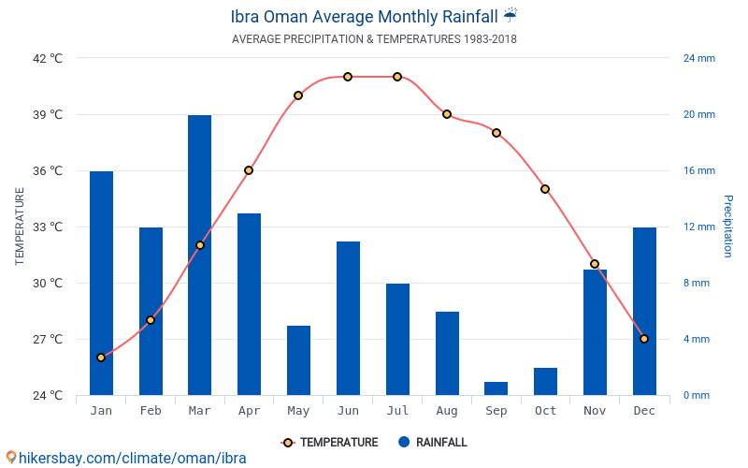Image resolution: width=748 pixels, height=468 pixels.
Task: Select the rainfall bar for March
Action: (x=199, y=255)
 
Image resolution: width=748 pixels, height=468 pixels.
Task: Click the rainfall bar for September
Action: (x=496, y=388)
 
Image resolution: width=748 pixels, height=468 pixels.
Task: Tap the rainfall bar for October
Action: (x=545, y=381)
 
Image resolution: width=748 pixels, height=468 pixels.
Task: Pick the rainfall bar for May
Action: (x=298, y=360)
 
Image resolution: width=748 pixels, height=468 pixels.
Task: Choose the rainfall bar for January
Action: (x=101, y=283)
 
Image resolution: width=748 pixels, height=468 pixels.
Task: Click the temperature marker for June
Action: (x=348, y=77)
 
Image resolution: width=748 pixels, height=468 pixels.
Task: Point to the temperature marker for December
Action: (x=644, y=339)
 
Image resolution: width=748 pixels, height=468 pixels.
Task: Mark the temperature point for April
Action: (x=249, y=170)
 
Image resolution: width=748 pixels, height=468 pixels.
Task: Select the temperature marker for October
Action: (x=545, y=189)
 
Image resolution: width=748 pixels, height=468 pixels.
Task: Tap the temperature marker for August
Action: (x=447, y=114)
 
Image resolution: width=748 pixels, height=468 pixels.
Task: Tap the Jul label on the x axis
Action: (x=397, y=411)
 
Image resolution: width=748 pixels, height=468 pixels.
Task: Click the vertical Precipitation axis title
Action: (x=728, y=227)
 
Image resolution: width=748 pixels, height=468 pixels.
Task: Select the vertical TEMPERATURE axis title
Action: (x=20, y=227)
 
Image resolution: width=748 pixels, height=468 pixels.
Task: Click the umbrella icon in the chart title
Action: (x=510, y=16)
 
